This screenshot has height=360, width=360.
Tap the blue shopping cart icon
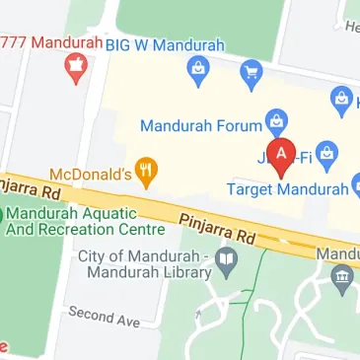(x=251, y=71)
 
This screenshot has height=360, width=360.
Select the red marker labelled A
(x=282, y=156)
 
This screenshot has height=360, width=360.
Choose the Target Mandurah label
(x=288, y=187)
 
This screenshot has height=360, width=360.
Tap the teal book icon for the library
(x=228, y=261)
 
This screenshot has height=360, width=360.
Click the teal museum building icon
(x=342, y=277)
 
